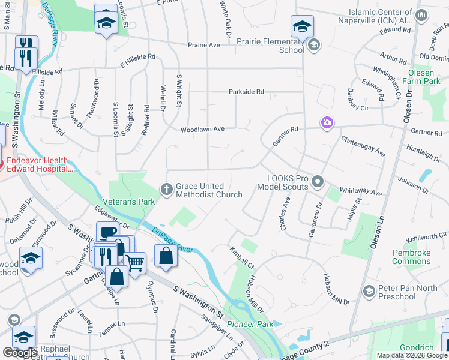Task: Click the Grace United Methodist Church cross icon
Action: pyautogui.click(x=168, y=190)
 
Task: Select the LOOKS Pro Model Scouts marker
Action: pyautogui.click(x=319, y=181)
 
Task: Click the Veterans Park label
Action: pyautogui.click(x=129, y=202)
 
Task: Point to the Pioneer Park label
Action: pyautogui.click(x=250, y=324)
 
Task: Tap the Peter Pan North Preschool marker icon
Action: pyautogui.click(x=369, y=292)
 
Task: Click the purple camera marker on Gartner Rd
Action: pyautogui.click(x=327, y=123)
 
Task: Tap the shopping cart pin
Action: pyautogui.click(x=136, y=262)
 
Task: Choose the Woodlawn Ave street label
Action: pyautogui.click(x=202, y=129)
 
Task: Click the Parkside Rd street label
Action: pyautogui.click(x=246, y=92)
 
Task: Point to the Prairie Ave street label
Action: pyautogui.click(x=203, y=45)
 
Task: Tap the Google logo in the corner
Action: pyautogui.click(x=20, y=353)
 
